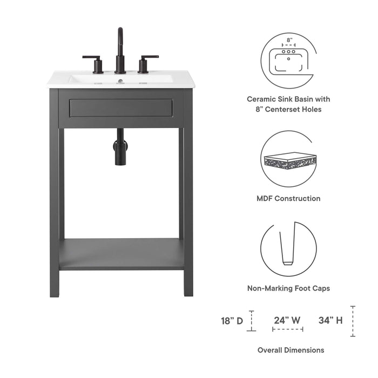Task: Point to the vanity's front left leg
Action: pyautogui.click(x=55, y=216)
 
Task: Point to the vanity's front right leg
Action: pyautogui.click(x=188, y=216)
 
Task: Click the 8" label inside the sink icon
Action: pyautogui.click(x=289, y=40)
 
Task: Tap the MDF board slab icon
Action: pyautogui.click(x=289, y=161)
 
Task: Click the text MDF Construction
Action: pyautogui.click(x=288, y=198)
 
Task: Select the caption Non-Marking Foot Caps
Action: pyautogui.click(x=288, y=288)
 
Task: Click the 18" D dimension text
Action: pyautogui.click(x=232, y=320)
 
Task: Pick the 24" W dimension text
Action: pyautogui.click(x=287, y=320)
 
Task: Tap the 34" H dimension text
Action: pyautogui.click(x=330, y=320)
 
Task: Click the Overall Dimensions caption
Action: pyautogui.click(x=291, y=350)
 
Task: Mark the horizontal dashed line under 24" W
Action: pyautogui.click(x=287, y=329)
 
